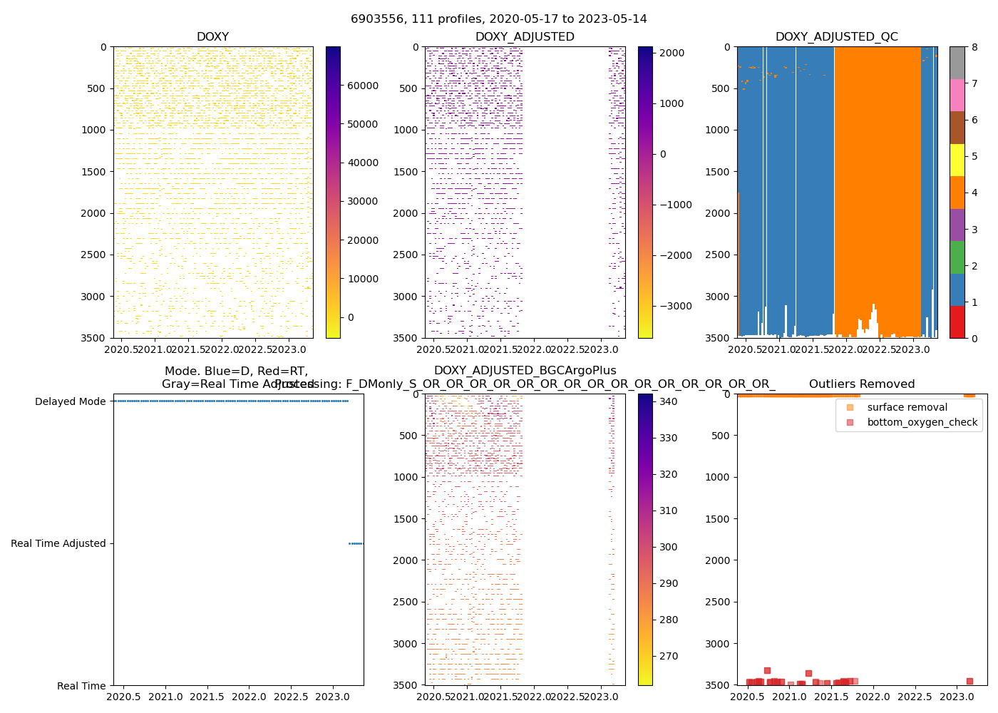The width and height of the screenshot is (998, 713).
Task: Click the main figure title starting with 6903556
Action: coord(499,19)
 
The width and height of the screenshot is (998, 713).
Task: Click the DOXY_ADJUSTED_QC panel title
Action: coord(836,37)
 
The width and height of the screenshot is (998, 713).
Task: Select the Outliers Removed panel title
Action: coord(861,384)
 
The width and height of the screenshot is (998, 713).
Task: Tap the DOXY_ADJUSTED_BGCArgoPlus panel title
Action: coord(525,371)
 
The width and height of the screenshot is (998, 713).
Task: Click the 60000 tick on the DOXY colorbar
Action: coord(362,86)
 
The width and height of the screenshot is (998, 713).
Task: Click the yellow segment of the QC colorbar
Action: coord(957,160)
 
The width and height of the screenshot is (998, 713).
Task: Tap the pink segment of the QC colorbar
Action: coord(957,95)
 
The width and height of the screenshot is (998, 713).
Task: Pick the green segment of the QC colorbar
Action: coord(957,257)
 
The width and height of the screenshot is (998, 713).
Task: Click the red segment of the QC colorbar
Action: coord(957,322)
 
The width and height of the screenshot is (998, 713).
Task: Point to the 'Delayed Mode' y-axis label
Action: coord(70,401)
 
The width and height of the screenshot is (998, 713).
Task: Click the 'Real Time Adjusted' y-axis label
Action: coord(58,543)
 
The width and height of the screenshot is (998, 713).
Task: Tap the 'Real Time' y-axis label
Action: coord(81,686)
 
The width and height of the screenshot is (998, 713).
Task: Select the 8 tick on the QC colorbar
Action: coord(974,47)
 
